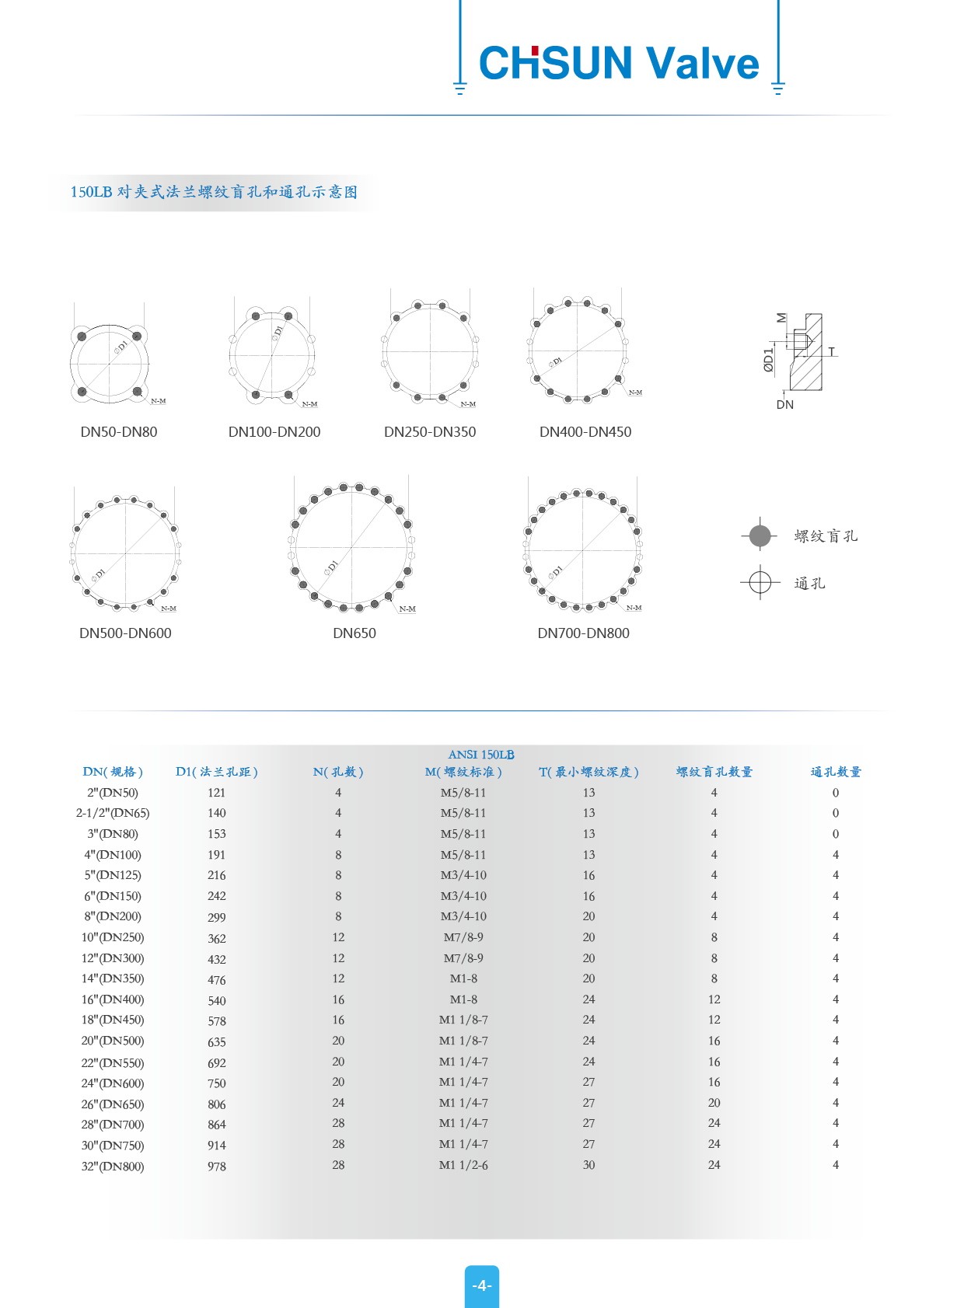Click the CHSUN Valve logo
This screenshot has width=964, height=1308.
tap(619, 63)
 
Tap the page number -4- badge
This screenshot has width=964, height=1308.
tap(482, 1285)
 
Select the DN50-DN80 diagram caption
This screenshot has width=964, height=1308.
tap(119, 432)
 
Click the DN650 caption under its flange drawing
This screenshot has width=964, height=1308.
tap(355, 633)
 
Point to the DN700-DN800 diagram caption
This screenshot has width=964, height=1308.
tap(583, 633)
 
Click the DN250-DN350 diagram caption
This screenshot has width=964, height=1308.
tap(430, 432)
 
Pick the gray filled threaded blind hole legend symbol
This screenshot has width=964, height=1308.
tap(760, 535)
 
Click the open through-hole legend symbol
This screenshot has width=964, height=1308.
tap(760, 582)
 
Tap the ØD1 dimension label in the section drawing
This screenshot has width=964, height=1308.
tap(769, 360)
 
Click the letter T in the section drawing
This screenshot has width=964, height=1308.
tap(832, 352)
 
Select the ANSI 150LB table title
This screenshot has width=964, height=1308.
tap(481, 755)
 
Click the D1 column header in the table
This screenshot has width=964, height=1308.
tap(216, 772)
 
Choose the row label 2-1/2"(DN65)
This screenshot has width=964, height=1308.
tap(113, 813)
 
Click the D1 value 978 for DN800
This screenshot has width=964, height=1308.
tap(217, 1166)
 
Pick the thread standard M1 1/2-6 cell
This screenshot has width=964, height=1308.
tap(463, 1165)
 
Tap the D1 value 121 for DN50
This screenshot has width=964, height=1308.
tap(217, 793)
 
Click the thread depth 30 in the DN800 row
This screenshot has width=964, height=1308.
tap(589, 1165)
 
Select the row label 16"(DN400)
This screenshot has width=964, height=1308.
tap(113, 999)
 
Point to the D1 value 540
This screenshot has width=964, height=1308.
tap(217, 1001)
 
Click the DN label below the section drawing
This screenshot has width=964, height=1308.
tap(785, 405)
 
